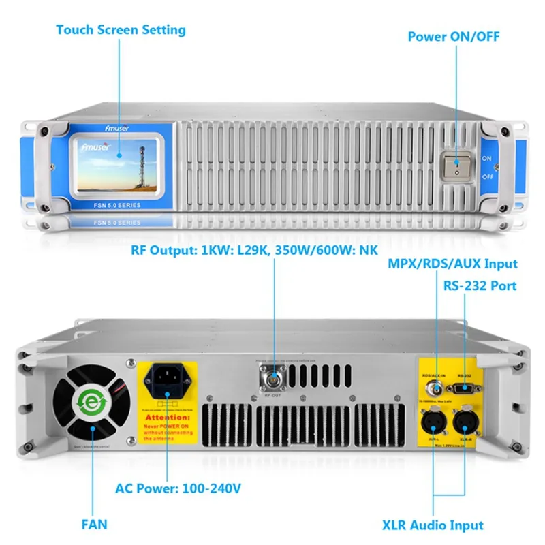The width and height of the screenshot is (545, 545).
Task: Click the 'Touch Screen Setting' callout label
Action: coord(121,30)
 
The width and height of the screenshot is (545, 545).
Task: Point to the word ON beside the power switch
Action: coord(486,158)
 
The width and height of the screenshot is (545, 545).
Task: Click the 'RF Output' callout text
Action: coord(254,249)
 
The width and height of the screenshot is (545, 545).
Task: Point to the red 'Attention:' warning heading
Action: coord(168,416)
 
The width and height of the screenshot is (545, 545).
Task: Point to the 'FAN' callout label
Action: coord(95,525)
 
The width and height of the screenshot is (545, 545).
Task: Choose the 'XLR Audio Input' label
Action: coord(432,525)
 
